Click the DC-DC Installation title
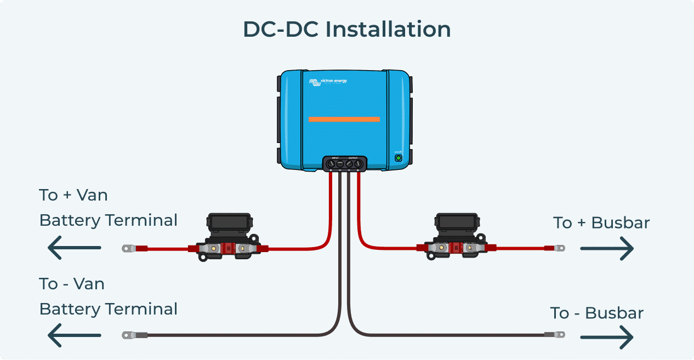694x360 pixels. (346, 30)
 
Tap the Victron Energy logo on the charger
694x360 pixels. (328, 82)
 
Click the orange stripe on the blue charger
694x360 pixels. (344, 119)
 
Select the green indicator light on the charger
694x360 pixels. (399, 158)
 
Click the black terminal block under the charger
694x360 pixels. (344, 163)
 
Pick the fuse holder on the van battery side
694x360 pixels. (229, 237)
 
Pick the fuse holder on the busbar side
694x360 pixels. (456, 237)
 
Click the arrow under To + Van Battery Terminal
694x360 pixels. (74, 248)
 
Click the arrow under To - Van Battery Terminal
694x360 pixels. (74, 335)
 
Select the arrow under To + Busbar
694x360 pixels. (607, 249)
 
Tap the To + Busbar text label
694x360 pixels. (601, 223)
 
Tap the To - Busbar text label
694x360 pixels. (597, 313)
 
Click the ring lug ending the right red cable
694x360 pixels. (559, 248)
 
